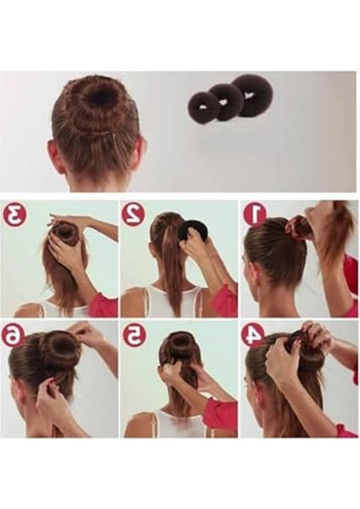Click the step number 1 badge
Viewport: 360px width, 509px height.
click(255, 215)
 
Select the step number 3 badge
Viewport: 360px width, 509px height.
click(14, 215)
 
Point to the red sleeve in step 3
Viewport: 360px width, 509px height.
click(104, 304)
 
